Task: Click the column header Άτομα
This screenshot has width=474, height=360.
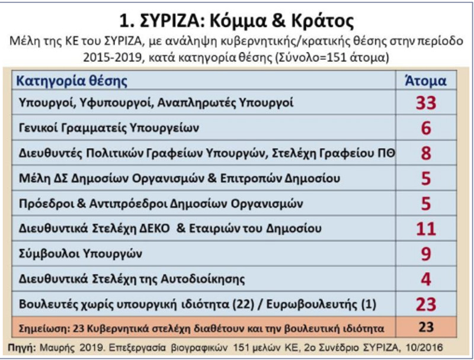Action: coord(425,81)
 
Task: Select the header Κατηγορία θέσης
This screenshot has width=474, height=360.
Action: coord(71,81)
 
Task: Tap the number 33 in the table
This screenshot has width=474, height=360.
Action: coord(425,103)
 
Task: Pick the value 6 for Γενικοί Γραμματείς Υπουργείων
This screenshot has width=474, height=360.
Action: coord(425,128)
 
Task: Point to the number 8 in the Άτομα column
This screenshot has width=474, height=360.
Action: coord(425,153)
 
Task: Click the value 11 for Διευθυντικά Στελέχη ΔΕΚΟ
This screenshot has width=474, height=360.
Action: coord(425,229)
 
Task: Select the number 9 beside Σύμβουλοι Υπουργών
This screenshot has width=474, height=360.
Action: coord(425,254)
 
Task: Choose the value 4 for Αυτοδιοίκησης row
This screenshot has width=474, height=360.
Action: coord(425,279)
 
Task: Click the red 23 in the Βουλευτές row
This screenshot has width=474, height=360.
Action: coord(425,304)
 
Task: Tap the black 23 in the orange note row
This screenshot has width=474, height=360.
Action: coord(425,326)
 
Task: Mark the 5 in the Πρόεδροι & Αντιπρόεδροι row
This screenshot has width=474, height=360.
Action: coord(425,204)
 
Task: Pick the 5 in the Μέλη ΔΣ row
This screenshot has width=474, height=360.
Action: coord(425,178)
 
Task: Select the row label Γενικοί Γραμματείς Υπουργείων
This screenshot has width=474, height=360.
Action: coord(108,128)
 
